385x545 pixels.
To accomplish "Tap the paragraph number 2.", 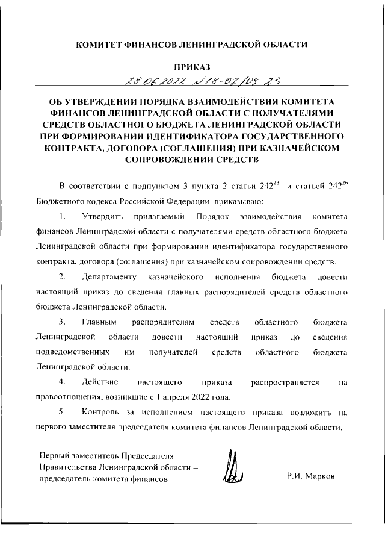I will (63, 277).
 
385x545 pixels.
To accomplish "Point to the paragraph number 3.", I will (63, 323).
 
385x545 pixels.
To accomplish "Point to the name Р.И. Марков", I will (312, 475).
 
